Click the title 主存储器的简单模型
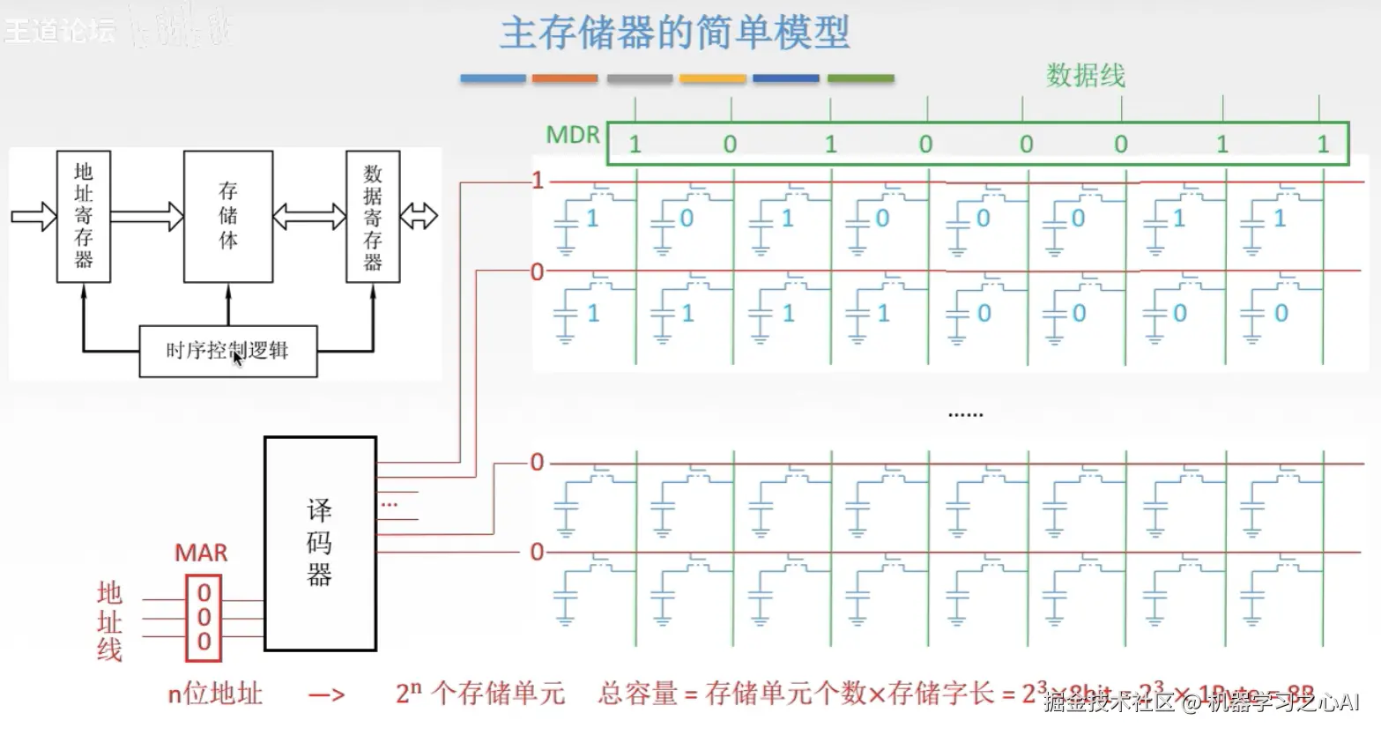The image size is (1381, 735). (x=674, y=33)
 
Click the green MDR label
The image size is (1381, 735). (x=572, y=135)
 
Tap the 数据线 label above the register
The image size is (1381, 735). (x=1085, y=76)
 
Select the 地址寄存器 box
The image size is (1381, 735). (x=84, y=216)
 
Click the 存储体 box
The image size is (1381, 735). (x=228, y=216)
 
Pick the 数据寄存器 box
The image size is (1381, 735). (x=373, y=216)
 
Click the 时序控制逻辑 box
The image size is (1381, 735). (x=228, y=351)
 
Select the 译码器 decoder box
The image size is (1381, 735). (x=320, y=544)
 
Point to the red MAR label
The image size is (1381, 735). (x=201, y=553)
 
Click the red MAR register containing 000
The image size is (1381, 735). (x=204, y=618)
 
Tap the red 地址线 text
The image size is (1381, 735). (x=109, y=621)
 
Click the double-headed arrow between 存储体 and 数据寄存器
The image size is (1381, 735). (x=309, y=216)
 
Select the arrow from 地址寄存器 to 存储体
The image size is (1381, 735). (x=146, y=216)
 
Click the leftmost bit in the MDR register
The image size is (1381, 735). (x=635, y=145)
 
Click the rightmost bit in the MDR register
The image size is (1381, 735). (x=1323, y=145)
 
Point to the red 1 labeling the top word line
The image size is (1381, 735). (x=538, y=181)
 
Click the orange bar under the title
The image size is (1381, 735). (x=565, y=78)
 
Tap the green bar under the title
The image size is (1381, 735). (x=861, y=78)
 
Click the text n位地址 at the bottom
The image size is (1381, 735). (x=215, y=694)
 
